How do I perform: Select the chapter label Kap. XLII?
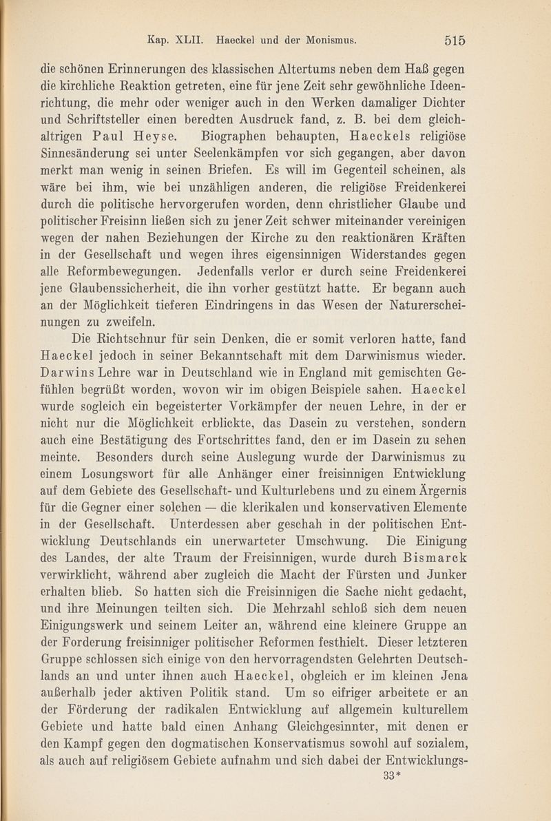169,39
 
